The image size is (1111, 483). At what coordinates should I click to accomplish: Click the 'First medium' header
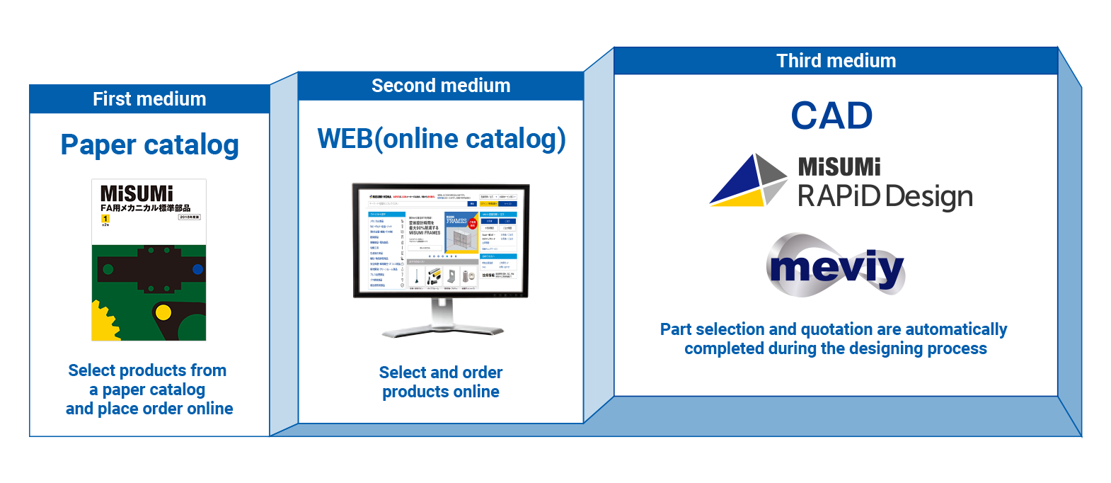click(149, 99)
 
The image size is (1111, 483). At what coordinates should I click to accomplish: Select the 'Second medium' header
click(441, 86)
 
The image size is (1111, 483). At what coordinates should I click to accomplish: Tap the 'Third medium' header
click(836, 61)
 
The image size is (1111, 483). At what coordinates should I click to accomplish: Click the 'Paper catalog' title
click(149, 145)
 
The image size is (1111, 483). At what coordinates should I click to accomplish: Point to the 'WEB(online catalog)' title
click(441, 139)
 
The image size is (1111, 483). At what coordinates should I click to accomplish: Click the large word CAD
click(831, 115)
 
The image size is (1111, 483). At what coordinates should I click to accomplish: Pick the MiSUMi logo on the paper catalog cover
click(137, 193)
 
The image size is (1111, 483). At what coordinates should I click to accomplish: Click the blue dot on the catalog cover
click(198, 269)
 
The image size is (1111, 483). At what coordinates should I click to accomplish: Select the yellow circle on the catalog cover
click(163, 312)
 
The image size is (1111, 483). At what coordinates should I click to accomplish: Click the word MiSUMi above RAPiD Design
click(839, 167)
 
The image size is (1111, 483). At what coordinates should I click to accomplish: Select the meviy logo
click(836, 267)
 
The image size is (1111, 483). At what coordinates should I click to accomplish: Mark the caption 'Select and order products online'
click(441, 382)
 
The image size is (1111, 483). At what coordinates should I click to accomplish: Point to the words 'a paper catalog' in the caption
click(147, 390)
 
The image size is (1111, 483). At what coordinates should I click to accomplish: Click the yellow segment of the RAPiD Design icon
click(740, 198)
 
